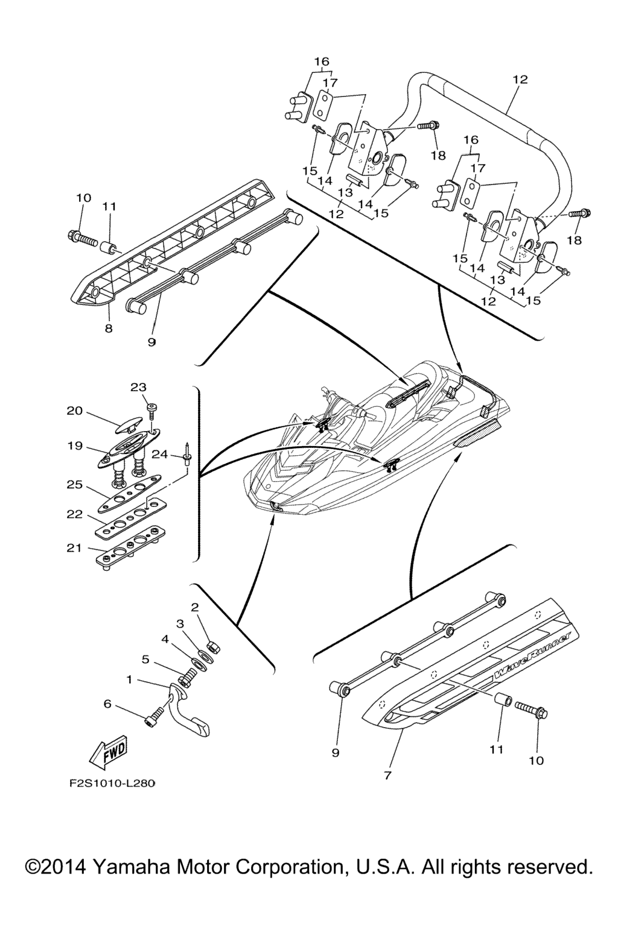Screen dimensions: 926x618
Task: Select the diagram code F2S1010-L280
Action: point(112,784)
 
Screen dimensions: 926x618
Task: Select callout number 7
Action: point(387,775)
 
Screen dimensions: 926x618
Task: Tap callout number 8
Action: point(109,329)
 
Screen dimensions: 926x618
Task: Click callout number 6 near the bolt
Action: point(107,703)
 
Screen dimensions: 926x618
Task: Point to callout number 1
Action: point(129,679)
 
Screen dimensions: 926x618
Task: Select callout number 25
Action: point(74,484)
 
